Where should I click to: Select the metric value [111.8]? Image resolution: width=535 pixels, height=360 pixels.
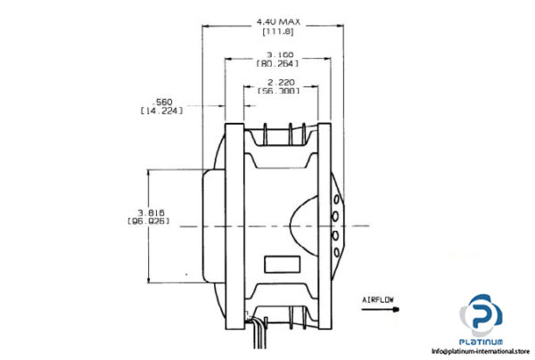pos(278,31)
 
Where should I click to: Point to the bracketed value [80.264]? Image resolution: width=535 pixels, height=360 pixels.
pos(278,63)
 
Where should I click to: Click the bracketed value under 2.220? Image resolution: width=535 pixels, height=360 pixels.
pos(278,91)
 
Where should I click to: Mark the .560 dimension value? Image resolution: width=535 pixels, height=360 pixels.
pos(162,101)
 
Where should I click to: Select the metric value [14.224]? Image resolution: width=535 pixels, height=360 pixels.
pos(162,111)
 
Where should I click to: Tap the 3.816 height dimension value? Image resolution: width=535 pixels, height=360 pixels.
pos(150,212)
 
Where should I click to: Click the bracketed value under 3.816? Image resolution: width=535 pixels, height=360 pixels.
pos(150,222)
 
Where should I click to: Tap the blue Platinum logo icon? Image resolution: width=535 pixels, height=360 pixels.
pos(481,317)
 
